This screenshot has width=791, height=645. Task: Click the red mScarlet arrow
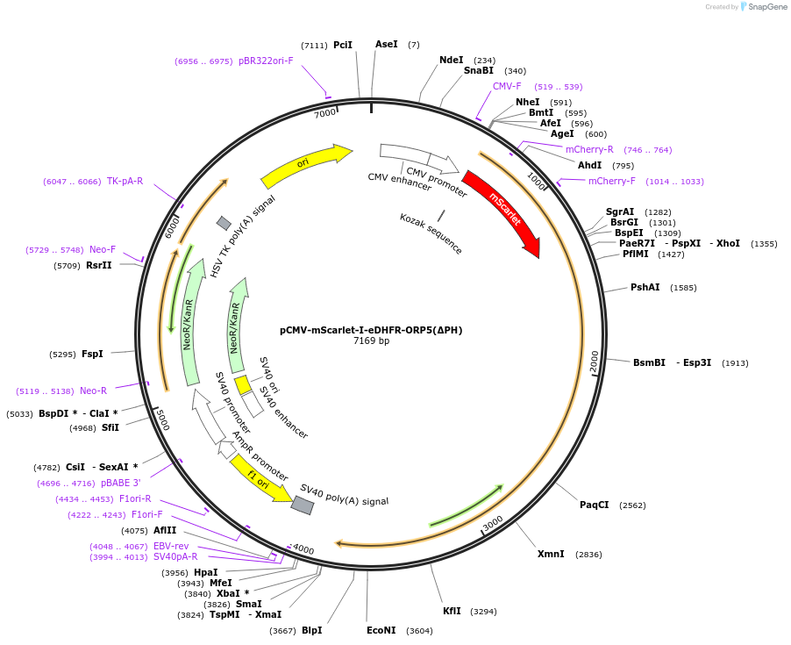click(x=502, y=211)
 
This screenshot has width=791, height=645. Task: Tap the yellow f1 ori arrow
click(x=260, y=478)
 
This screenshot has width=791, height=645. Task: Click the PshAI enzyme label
click(x=645, y=288)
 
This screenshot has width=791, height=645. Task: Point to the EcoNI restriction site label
click(x=381, y=630)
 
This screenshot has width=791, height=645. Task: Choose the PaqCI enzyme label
click(x=594, y=505)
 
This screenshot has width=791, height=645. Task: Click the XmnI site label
click(x=552, y=554)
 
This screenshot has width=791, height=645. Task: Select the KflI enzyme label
click(x=452, y=611)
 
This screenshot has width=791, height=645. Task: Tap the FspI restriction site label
click(x=92, y=355)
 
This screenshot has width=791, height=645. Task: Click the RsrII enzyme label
click(x=99, y=265)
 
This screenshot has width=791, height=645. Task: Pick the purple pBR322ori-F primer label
click(x=266, y=61)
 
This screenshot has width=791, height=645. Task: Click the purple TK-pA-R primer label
click(x=125, y=182)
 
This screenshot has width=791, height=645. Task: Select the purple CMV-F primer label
click(x=507, y=87)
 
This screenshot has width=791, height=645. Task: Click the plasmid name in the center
click(x=371, y=330)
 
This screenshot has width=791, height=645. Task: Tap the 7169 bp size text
click(x=371, y=340)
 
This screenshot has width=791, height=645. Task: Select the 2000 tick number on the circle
click(x=595, y=362)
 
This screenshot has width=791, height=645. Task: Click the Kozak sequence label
click(x=431, y=233)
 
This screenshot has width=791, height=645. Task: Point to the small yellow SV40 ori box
click(x=243, y=385)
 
